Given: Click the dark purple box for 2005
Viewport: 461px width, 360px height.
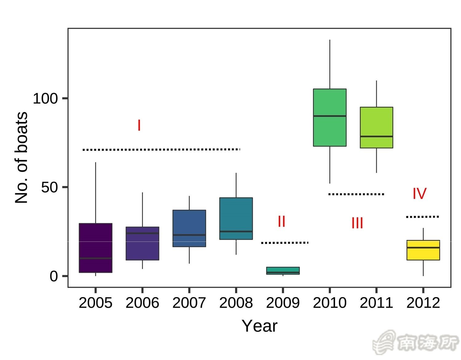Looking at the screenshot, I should (x=96, y=248).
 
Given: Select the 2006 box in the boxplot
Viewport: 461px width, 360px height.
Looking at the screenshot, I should (x=142, y=243).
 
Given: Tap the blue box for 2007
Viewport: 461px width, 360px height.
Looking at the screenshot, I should (x=189, y=228).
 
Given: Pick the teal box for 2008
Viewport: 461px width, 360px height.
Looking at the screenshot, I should (x=236, y=218).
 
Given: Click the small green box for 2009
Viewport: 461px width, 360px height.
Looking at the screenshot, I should (x=283, y=270).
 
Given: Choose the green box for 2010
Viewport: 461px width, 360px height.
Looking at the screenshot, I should (x=330, y=117).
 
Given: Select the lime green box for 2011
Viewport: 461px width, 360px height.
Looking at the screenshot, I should (x=376, y=127).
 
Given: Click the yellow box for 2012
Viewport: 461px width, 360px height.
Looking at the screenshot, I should (x=423, y=250).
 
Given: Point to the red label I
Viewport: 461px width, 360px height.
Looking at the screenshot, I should (x=139, y=126).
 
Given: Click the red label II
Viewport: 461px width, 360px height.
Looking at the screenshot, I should (x=281, y=221).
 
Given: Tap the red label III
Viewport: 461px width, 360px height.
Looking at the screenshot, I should (x=357, y=223).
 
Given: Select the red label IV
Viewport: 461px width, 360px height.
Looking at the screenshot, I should (x=420, y=194).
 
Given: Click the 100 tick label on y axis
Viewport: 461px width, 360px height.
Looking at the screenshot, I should (x=45, y=99).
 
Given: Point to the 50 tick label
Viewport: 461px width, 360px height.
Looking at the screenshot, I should (x=49, y=187).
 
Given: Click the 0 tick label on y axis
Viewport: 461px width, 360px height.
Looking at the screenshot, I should (x=54, y=276).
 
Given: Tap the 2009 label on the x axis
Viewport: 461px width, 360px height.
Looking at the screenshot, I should (x=283, y=303).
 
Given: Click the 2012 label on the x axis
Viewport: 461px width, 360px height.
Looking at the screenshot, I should (x=423, y=303).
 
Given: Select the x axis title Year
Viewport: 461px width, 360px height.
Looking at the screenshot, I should (x=259, y=326).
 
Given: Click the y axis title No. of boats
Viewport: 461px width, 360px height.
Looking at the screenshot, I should (x=22, y=158).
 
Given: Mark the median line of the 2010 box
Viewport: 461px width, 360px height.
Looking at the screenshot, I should (x=330, y=116).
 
